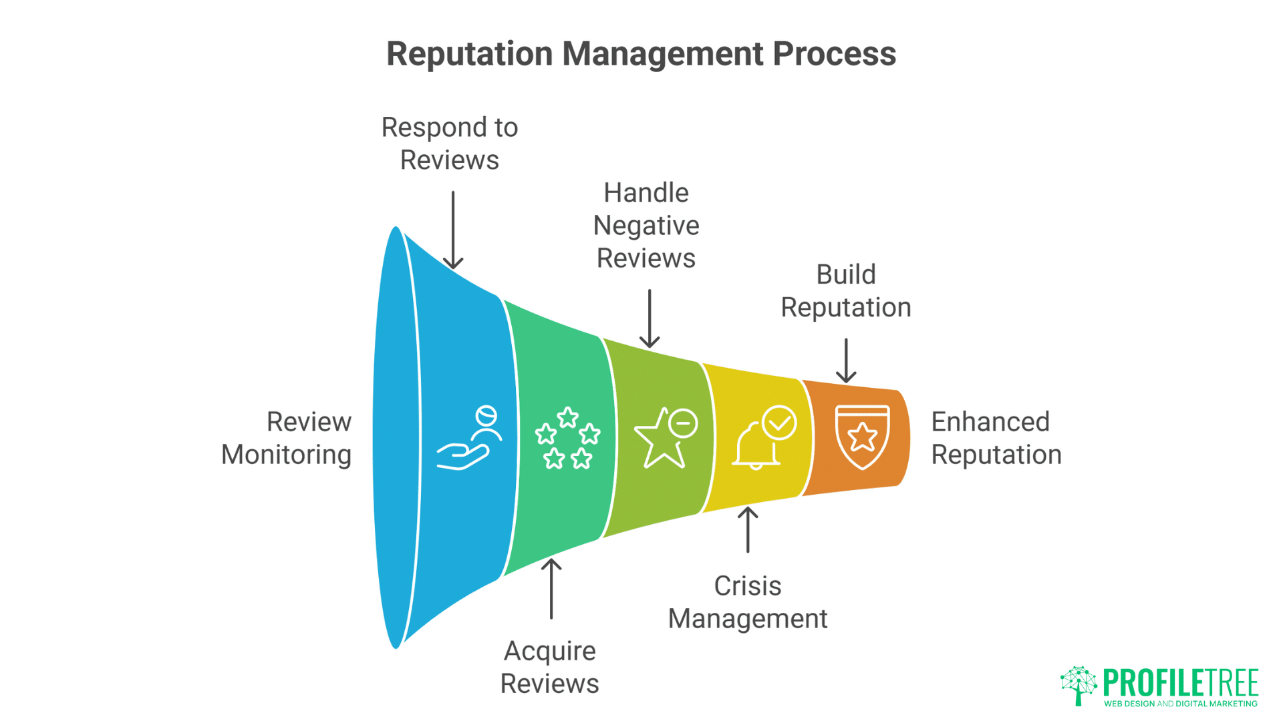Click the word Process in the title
click(x=834, y=53)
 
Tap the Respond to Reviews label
click(x=450, y=144)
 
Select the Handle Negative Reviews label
click(x=646, y=226)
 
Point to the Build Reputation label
click(x=846, y=291)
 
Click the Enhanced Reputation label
click(x=996, y=438)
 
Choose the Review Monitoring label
click(x=287, y=438)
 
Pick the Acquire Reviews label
click(x=550, y=667)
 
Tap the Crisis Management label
click(x=748, y=602)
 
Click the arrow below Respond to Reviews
click(x=453, y=230)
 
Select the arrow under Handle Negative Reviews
click(x=650, y=318)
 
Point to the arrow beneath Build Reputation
click(x=846, y=360)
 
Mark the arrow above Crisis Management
click(x=748, y=530)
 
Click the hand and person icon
click(x=469, y=437)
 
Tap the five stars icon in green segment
click(x=567, y=438)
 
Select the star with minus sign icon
click(x=666, y=437)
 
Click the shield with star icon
click(x=862, y=437)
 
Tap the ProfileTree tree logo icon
click(x=1079, y=685)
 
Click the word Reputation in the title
click(x=469, y=53)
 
